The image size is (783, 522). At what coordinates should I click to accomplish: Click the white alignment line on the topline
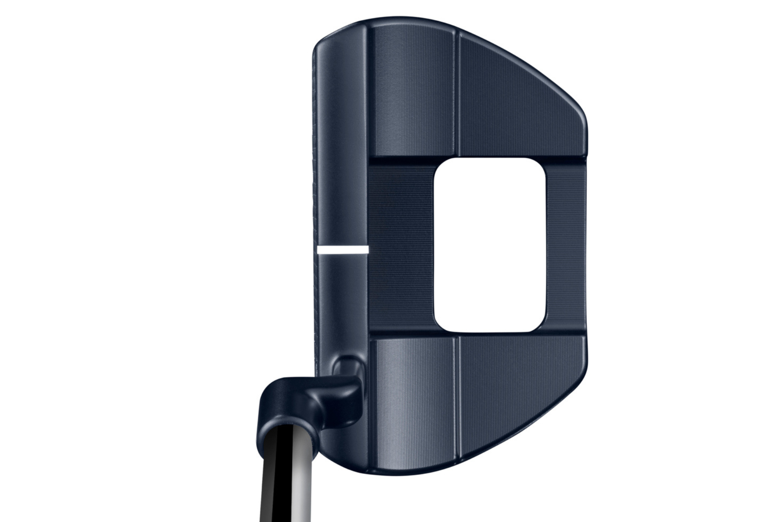(342, 249)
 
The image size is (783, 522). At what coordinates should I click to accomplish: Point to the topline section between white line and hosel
(343, 302)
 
